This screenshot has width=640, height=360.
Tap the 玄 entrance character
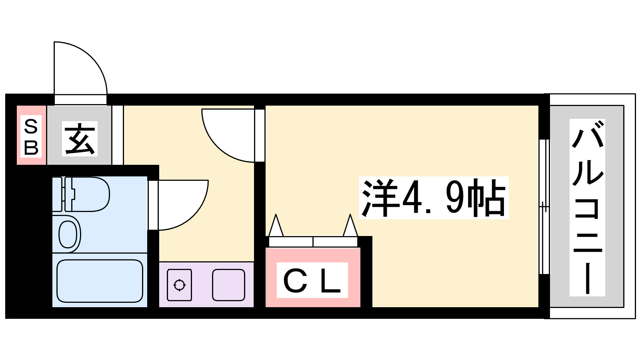coord(80,138)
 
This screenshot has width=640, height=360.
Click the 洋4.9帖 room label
coord(434,198)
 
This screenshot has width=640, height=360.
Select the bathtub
coord(100,281)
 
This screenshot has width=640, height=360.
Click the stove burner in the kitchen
coord(179,285)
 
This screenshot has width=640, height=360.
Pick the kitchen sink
coord(228,285)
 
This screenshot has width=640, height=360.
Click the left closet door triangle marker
coord(276,226)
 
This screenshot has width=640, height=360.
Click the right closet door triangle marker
coord(350,226)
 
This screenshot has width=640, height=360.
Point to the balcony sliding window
coord(544,206)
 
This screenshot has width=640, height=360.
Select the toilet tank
coord(58,194)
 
